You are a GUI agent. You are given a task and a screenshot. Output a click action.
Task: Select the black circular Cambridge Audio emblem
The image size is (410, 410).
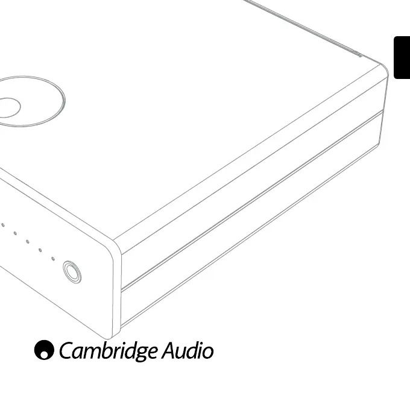coord(44,350)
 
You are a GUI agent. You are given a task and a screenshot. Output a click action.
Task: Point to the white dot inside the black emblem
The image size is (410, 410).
coord(42,354)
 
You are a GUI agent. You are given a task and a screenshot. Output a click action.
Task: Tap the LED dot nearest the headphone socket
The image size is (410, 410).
coord(53,259)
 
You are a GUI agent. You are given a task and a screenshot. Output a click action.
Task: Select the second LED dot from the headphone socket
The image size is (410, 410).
coord(40,250)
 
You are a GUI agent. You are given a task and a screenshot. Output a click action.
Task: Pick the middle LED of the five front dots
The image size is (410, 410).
coord(27,241)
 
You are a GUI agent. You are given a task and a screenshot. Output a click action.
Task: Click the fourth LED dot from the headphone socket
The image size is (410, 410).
coord(15,233)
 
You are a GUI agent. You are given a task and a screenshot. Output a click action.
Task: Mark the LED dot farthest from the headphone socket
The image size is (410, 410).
coord(3,225)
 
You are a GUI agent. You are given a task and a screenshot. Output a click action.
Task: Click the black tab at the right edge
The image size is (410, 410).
coord(402,57)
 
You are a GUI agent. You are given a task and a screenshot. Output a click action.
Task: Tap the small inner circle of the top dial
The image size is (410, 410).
coord(8,107)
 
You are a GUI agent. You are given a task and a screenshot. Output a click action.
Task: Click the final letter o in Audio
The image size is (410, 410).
coord(207,352)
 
